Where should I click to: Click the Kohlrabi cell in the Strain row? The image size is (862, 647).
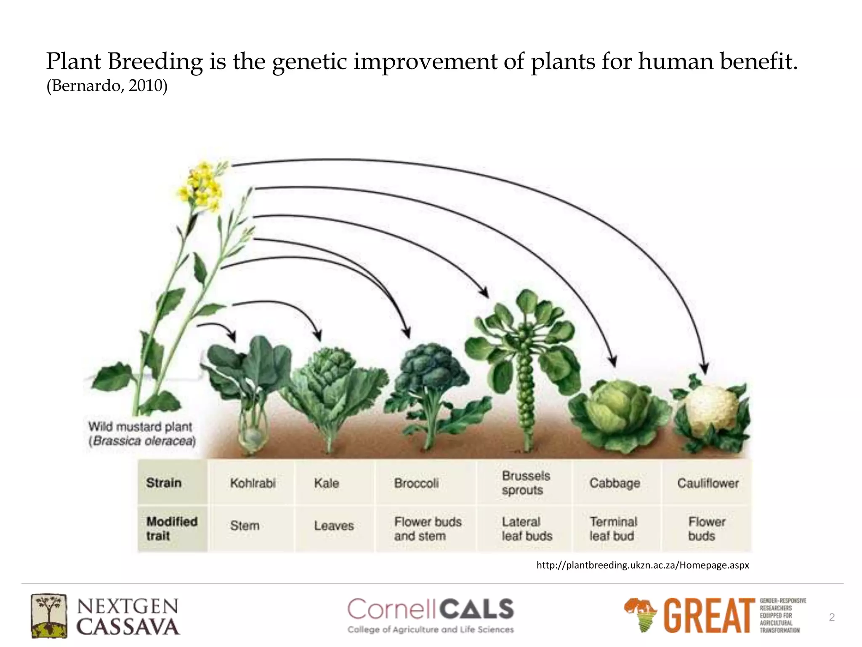253,483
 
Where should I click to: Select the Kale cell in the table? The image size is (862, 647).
327,483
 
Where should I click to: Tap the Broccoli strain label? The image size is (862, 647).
416,483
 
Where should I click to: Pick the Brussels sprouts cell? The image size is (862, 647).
525,483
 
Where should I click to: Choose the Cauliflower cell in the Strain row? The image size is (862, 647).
708,483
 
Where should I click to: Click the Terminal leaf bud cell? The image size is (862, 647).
613,529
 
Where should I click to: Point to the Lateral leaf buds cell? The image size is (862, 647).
527,529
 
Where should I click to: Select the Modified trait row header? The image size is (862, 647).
172,529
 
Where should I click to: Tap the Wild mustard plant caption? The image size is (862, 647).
141,433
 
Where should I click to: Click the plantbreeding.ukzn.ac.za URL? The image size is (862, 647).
642,565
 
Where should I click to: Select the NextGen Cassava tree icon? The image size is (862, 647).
48,615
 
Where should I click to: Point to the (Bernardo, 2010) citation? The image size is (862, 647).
107,86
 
